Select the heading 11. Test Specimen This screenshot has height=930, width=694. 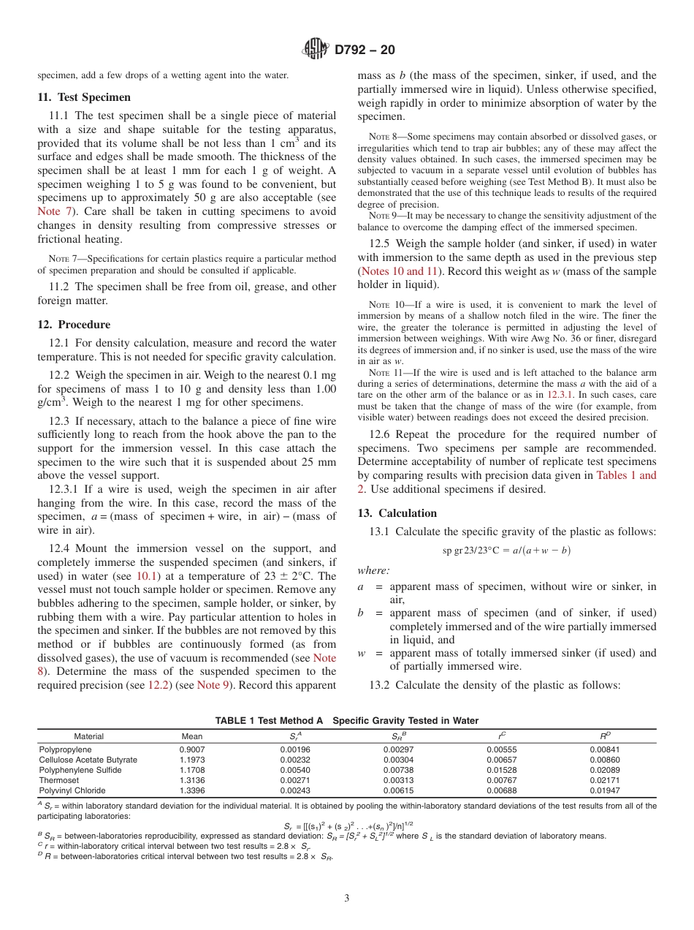pyautogui.click(x=84, y=97)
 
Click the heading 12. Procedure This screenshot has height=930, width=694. pyautogui.click(x=74, y=325)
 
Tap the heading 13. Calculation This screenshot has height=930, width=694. pyautogui.click(x=397, y=513)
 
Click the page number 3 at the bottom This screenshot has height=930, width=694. pyautogui.click(x=347, y=899)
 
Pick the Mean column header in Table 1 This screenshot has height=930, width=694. pyautogui.click(x=191, y=736)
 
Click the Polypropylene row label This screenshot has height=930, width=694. pyautogui.click(x=65, y=749)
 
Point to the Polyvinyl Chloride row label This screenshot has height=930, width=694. pyautogui.click(x=72, y=790)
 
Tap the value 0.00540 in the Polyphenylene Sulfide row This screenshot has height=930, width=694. pyautogui.click(x=295, y=770)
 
